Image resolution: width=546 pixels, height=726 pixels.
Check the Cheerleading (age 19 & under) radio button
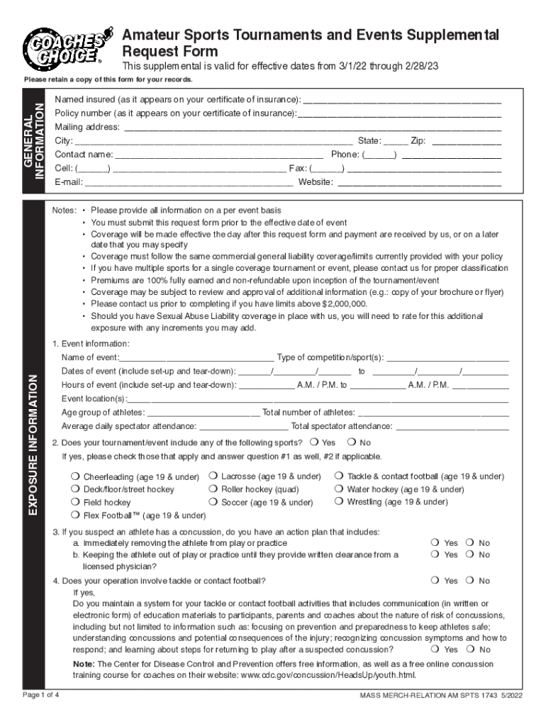point(74,476)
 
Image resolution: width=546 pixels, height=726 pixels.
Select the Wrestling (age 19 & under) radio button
point(339,502)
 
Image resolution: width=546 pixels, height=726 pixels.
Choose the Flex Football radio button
point(74,515)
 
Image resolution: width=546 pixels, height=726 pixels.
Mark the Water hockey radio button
point(339,489)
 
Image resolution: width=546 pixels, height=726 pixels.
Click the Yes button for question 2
point(314,442)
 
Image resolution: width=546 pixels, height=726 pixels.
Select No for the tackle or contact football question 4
point(469,581)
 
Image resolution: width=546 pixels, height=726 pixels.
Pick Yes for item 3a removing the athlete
point(435,543)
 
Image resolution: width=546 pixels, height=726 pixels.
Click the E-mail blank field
point(188,182)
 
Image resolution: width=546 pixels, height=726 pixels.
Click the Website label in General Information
point(316,182)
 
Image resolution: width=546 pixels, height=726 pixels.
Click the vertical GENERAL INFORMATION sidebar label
point(33,141)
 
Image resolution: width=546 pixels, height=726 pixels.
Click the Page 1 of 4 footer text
point(40,695)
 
